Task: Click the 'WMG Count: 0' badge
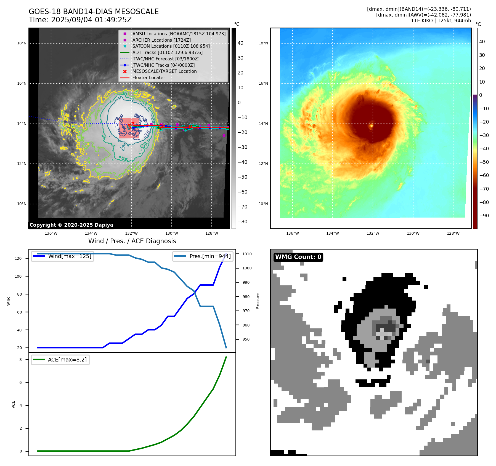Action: coord(298,257)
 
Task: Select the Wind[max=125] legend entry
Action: coord(63,256)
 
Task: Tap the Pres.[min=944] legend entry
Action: coord(203,256)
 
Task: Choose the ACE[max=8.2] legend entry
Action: coord(60,360)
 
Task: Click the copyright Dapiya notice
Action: coord(71,225)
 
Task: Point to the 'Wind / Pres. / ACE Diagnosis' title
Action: coord(132,241)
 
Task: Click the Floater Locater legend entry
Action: coord(148,78)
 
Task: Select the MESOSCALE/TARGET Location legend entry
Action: coord(164,71)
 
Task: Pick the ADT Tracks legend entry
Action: coord(167,52)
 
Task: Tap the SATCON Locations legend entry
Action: coord(171,46)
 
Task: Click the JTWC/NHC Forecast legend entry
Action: coord(166,59)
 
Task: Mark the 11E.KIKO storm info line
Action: coord(441,21)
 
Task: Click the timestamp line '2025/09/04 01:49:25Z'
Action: coord(80,20)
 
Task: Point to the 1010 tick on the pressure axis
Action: coord(247,254)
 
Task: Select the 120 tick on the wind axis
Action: coord(18,258)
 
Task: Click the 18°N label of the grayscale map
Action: coord(22,43)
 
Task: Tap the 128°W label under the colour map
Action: coord(453,233)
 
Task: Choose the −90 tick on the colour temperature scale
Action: coord(484,216)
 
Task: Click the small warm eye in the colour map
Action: coord(372,126)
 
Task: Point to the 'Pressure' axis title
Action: coord(258,301)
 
